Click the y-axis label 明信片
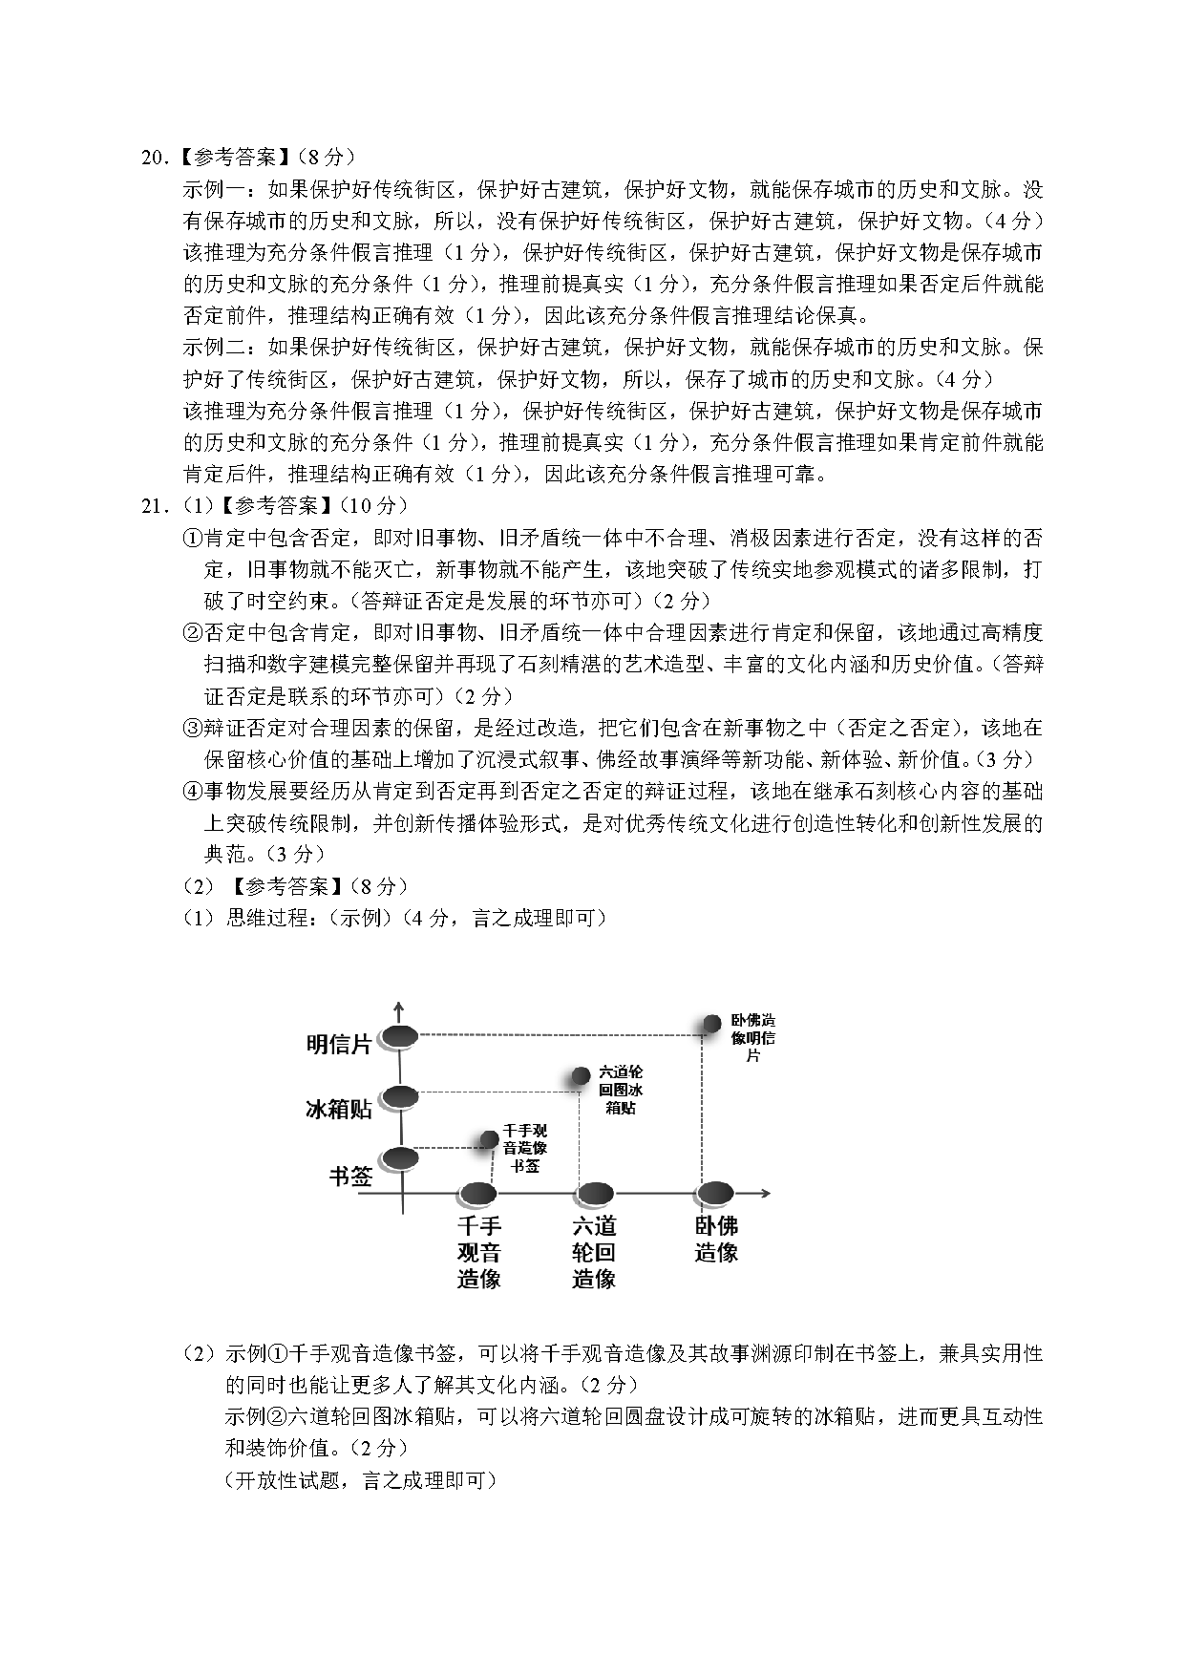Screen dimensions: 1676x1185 coord(338,1044)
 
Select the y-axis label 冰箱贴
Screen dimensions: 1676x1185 coord(338,1109)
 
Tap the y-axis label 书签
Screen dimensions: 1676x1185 coord(350,1176)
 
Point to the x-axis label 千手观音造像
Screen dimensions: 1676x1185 coord(479,1252)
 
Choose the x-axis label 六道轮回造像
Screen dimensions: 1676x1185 coord(594,1252)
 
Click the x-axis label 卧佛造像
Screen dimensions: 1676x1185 coord(716,1239)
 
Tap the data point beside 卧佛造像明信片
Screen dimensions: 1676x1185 coord(711,1024)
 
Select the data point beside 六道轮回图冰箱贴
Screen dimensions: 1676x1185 coord(581,1076)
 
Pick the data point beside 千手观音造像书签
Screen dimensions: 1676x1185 coord(490,1138)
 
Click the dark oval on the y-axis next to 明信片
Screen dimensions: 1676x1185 coord(399,1037)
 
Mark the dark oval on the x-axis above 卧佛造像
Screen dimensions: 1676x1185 coord(713,1194)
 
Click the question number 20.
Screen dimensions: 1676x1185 coord(154,159)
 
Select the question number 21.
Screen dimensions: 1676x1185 coord(154,506)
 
